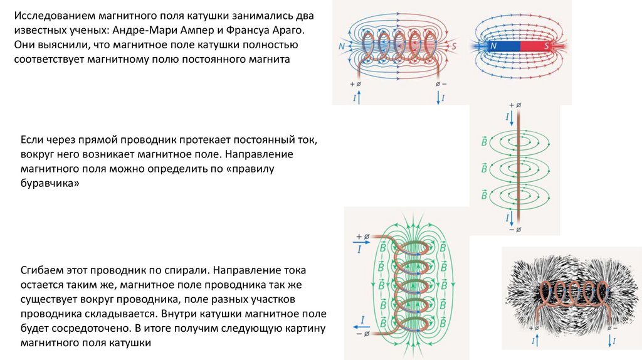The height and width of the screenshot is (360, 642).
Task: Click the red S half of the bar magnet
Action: click(535, 46)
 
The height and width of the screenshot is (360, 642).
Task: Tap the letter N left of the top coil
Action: click(341, 46)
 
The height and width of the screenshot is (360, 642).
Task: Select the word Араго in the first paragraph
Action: click(292, 31)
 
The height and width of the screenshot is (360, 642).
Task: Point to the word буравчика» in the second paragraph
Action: click(50, 183)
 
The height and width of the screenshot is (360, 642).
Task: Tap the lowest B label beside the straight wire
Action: click(484, 194)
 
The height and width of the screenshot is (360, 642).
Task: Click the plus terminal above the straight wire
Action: click(514, 105)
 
